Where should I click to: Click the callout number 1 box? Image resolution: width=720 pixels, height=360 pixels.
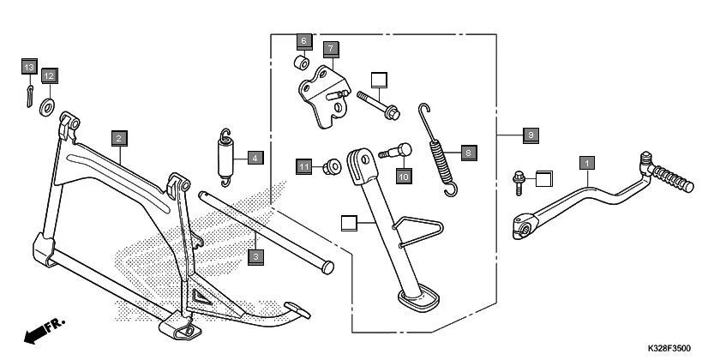[x=587, y=161]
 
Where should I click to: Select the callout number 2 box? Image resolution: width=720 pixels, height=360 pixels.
[x=119, y=137]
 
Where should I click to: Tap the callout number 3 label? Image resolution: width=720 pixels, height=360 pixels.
[x=255, y=255]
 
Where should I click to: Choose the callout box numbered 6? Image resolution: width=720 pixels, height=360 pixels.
[x=303, y=40]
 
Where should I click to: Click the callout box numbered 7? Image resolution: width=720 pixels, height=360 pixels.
[x=330, y=48]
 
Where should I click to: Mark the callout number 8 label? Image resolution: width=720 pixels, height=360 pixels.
[x=468, y=153]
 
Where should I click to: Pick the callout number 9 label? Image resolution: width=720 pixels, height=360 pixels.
[x=531, y=135]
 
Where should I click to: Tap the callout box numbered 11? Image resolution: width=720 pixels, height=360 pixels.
[x=303, y=165]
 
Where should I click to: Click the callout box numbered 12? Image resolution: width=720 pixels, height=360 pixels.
[x=49, y=75]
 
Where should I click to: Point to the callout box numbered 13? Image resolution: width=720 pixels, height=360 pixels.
[x=29, y=67]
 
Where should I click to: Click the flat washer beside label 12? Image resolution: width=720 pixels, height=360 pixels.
[x=46, y=105]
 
